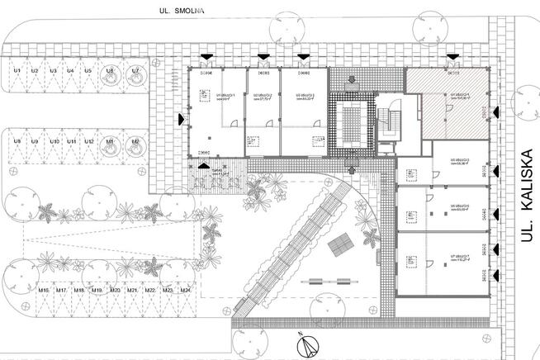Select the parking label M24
[186, 291]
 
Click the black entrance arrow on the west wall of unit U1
[182, 117]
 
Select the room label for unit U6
[460, 208]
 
